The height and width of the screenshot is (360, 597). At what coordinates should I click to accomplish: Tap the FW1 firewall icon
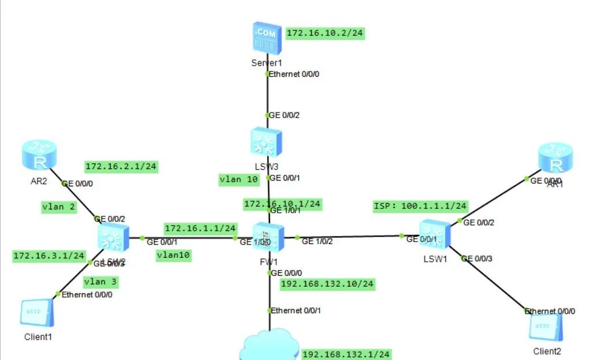pos(268,237)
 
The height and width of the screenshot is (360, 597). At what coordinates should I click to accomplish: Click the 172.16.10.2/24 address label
pos(325,33)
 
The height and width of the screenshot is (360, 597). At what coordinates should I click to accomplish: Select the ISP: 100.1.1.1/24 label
pos(420,205)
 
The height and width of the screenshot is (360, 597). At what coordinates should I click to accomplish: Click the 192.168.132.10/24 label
pos(327,284)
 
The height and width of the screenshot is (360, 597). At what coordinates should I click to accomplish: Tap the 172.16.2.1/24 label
pos(121,167)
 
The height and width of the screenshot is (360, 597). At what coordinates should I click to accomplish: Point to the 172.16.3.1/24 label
pos(49,255)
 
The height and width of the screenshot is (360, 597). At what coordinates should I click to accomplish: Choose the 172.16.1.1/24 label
pos(200,228)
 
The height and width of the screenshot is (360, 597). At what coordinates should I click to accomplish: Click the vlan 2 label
pos(59,207)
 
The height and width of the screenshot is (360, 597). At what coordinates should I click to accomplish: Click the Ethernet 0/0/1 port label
pos(296,310)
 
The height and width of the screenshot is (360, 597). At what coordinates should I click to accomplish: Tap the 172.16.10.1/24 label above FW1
pos(283,203)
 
